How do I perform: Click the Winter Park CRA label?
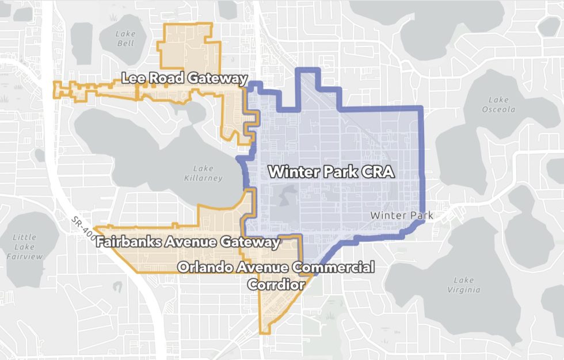pos(331,171)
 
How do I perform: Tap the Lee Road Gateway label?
pos(184,78)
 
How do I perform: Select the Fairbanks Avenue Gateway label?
pos(188,242)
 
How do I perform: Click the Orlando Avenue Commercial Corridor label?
pos(276,275)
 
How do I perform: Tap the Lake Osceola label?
pos(498,104)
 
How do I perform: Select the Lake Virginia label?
pos(463,285)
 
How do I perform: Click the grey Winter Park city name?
pos(401,215)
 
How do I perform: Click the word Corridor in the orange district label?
pos(276,284)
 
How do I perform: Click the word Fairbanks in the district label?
pos(128,242)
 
